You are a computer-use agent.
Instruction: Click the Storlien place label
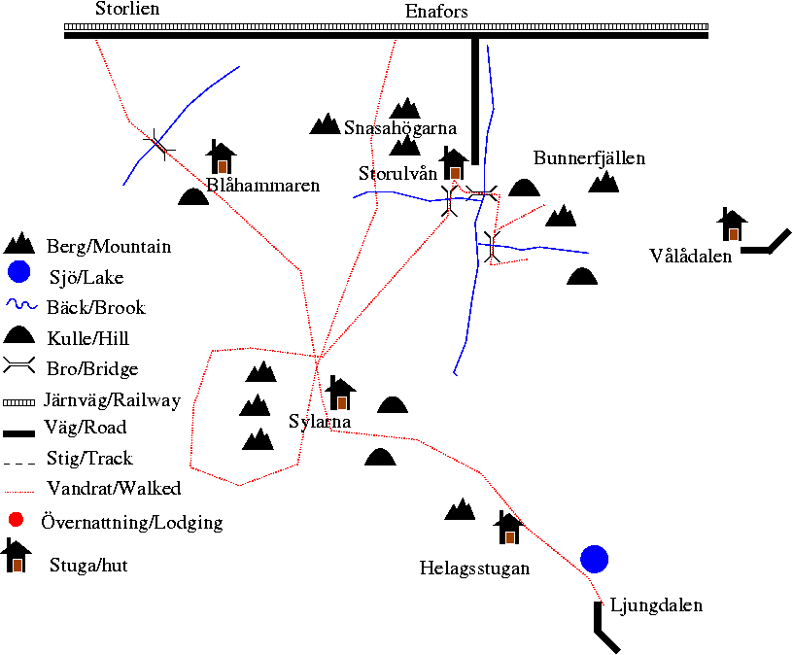pyautogui.click(x=127, y=9)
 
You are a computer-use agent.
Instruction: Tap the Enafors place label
pyautogui.click(x=436, y=11)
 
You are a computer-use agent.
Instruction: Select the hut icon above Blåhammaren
pyautogui.click(x=221, y=156)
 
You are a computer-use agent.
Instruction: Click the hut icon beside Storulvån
pyautogui.click(x=454, y=163)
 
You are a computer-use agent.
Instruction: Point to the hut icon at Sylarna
pyautogui.click(x=340, y=393)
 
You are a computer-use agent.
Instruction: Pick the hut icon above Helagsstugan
pyautogui.click(x=509, y=527)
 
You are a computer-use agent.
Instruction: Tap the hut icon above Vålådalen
pyautogui.click(x=732, y=224)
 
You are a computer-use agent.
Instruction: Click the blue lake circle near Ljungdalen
pyautogui.click(x=594, y=559)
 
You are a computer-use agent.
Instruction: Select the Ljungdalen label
pyautogui.click(x=656, y=605)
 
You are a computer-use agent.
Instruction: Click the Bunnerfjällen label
pyautogui.click(x=589, y=158)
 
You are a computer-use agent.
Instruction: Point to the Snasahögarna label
pyautogui.click(x=400, y=128)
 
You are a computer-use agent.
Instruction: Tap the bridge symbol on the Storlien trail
pyautogui.click(x=159, y=145)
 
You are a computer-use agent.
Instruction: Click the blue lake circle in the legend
pyautogui.click(x=18, y=271)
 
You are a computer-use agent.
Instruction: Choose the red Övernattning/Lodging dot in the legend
pyautogui.click(x=17, y=520)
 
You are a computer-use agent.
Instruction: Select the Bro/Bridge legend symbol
pyautogui.click(x=19, y=365)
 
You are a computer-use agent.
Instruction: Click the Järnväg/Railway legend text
pyautogui.click(x=113, y=400)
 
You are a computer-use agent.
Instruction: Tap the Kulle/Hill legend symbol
pyautogui.click(x=19, y=335)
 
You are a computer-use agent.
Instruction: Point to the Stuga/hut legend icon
pyautogui.click(x=17, y=555)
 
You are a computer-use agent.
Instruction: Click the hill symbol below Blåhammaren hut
pyautogui.click(x=193, y=196)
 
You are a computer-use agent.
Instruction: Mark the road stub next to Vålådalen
pyautogui.click(x=766, y=242)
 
